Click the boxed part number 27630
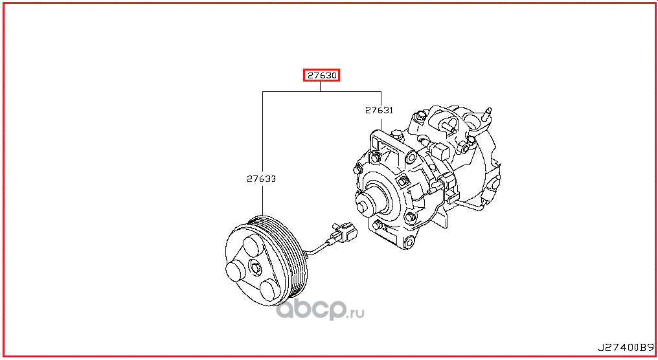(322, 76)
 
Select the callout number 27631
(379, 111)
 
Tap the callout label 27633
(261, 179)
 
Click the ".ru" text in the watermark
(356, 313)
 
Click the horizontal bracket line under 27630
(321, 92)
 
